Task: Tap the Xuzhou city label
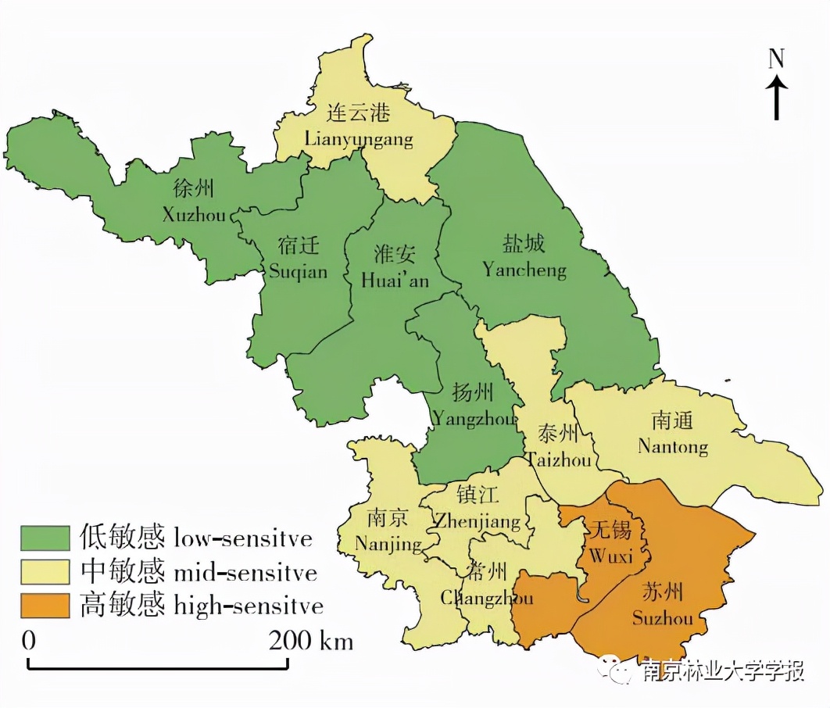(194, 202)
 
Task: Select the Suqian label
(298, 259)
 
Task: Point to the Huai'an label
(395, 267)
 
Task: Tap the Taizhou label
(558, 447)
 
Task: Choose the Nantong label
(672, 434)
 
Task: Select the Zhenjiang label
(477, 508)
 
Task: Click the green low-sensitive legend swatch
(46, 538)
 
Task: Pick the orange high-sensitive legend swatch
(46, 606)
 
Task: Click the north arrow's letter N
(776, 59)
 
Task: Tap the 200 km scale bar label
(311, 641)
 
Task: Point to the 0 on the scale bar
(29, 641)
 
